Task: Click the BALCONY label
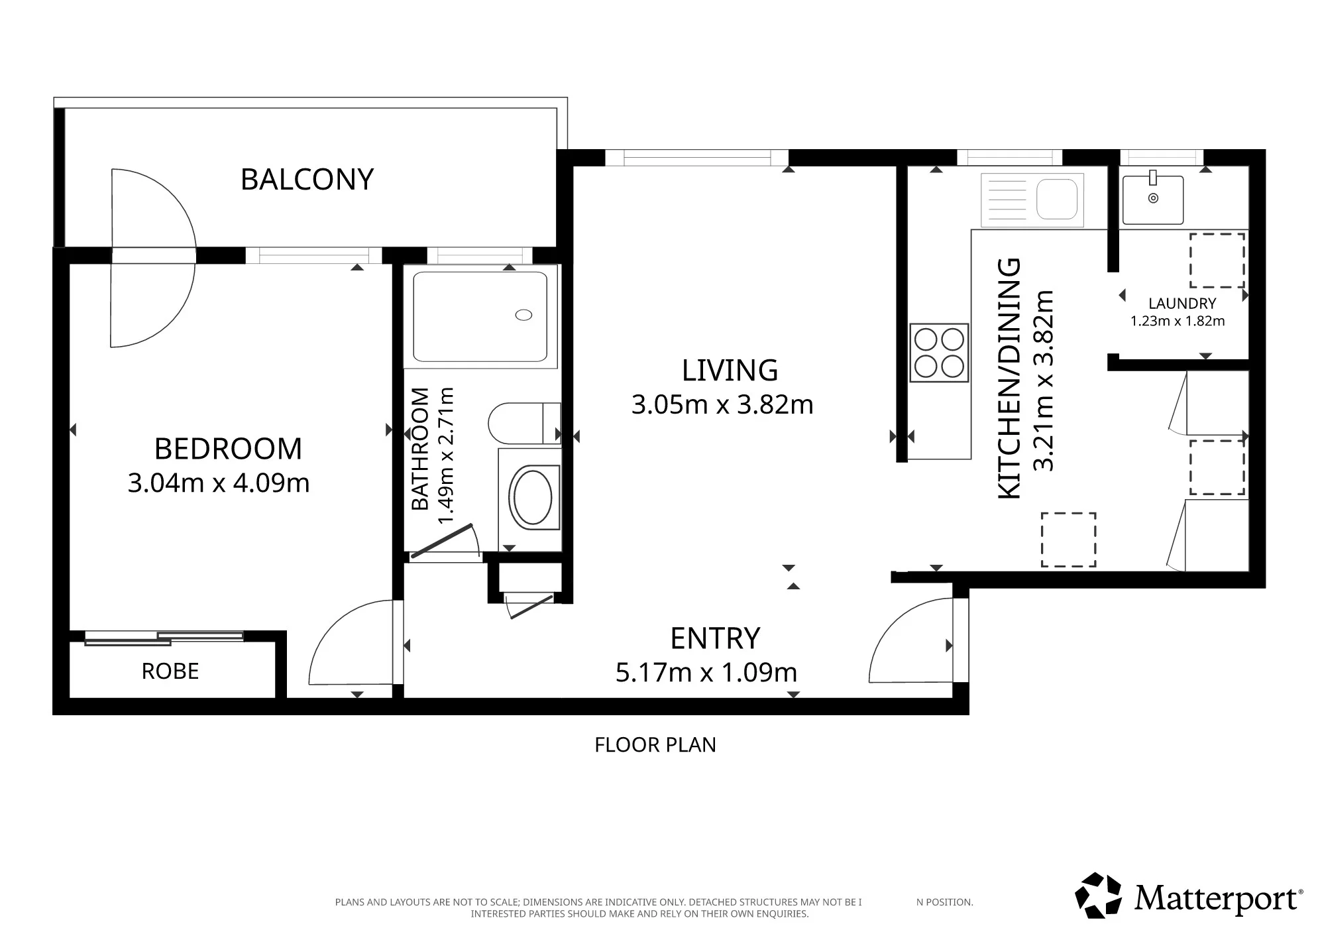pyautogui.click(x=307, y=180)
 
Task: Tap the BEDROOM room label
pyautogui.click(x=228, y=449)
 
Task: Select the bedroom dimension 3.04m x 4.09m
pyautogui.click(x=219, y=483)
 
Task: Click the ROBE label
pyautogui.click(x=170, y=671)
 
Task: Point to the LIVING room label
pyautogui.click(x=730, y=371)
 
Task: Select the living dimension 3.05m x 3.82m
pyautogui.click(x=722, y=404)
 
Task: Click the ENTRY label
pyautogui.click(x=715, y=638)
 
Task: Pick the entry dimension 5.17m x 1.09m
pyautogui.click(x=706, y=672)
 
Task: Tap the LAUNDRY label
pyautogui.click(x=1182, y=304)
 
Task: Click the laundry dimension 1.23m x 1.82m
pyautogui.click(x=1178, y=321)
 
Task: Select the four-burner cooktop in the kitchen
pyautogui.click(x=939, y=353)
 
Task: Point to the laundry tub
pyautogui.click(x=1153, y=200)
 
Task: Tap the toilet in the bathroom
pyautogui.click(x=524, y=424)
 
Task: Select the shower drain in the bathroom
pyautogui.click(x=523, y=316)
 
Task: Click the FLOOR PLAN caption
pyautogui.click(x=655, y=745)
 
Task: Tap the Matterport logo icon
pyautogui.click(x=1098, y=896)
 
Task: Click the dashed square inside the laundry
pyautogui.click(x=1217, y=261)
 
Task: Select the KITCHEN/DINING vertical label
pyautogui.click(x=1009, y=378)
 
